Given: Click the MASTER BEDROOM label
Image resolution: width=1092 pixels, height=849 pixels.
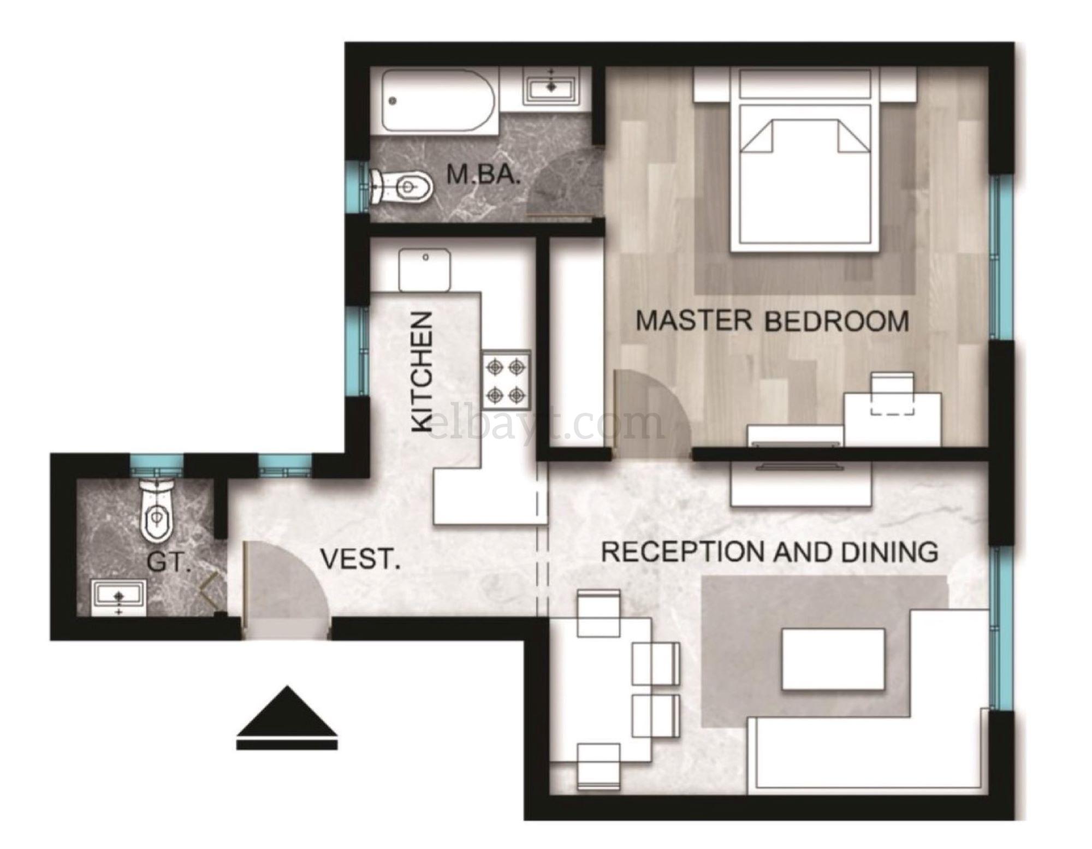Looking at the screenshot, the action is (772, 321).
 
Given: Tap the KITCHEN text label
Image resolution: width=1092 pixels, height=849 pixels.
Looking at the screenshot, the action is (423, 372).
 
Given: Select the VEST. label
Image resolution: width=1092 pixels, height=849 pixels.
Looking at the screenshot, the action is (360, 560).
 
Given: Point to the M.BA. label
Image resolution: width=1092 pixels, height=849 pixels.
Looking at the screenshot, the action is (483, 175).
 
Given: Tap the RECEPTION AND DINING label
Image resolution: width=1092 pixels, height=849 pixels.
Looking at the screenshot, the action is (770, 552).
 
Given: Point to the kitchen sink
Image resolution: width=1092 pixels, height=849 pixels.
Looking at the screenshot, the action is (425, 270).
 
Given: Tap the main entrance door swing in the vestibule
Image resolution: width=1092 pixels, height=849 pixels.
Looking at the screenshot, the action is (287, 584).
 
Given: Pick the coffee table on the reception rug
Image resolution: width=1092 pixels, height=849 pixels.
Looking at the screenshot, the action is (833, 658).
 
